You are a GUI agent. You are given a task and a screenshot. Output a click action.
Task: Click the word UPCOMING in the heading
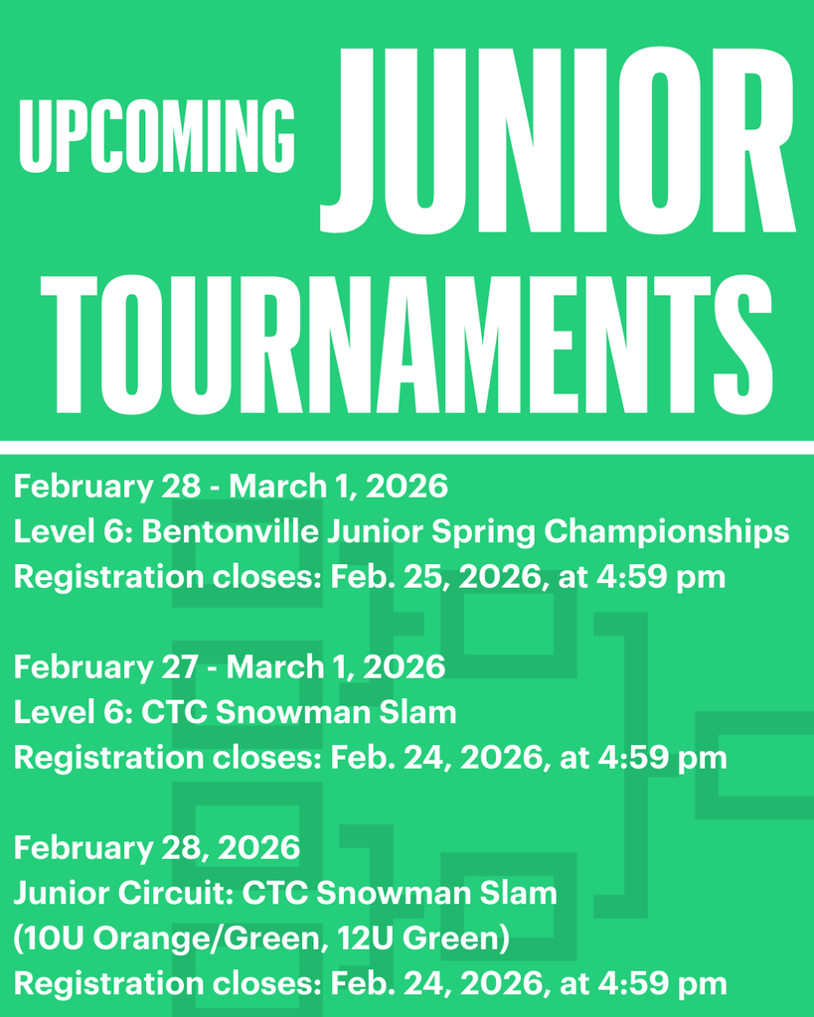[x=157, y=136]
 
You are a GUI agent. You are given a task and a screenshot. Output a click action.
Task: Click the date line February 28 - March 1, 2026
[x=231, y=487]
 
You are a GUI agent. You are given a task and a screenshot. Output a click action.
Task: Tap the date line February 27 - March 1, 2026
[x=229, y=666]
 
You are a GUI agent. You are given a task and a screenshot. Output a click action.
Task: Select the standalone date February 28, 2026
[x=156, y=847]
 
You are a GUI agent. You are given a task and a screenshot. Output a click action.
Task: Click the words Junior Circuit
[x=122, y=893]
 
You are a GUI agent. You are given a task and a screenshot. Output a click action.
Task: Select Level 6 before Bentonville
[x=70, y=532]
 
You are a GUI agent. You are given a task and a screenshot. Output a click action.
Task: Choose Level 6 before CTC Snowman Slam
[x=70, y=712]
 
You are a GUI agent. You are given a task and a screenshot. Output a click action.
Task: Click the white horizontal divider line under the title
[x=407, y=448]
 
